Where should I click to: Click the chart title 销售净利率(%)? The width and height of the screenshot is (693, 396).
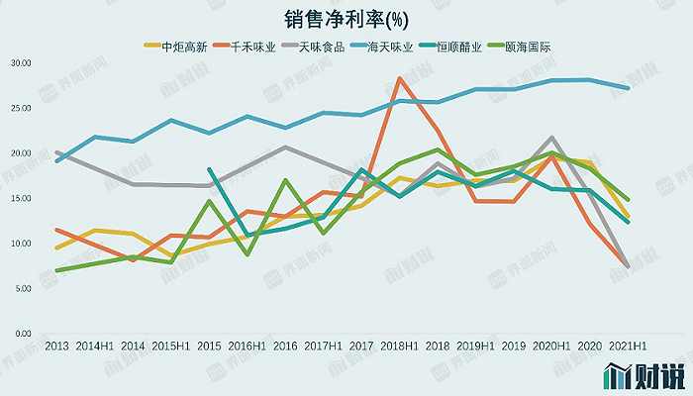[346, 20]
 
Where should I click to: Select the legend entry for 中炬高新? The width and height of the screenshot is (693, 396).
[179, 46]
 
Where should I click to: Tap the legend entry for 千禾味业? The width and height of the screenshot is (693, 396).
[251, 46]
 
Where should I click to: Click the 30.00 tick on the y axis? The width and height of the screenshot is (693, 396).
[20, 62]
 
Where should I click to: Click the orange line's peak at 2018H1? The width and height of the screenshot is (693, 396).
[399, 78]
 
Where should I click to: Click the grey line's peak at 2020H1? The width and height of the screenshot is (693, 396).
[551, 138]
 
